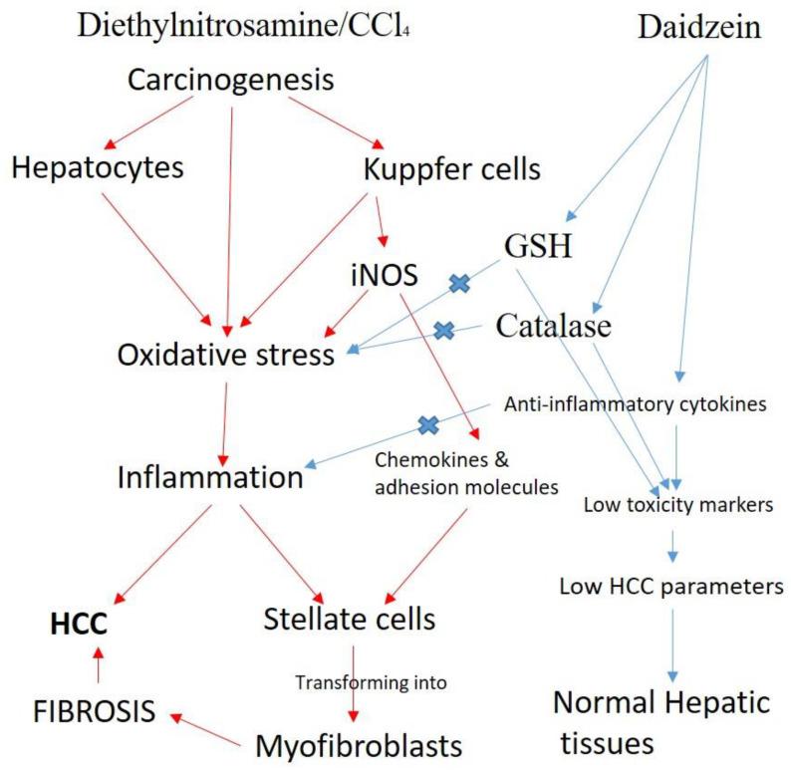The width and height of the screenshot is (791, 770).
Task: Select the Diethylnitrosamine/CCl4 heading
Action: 243,29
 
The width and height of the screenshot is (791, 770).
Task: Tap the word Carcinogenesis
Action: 231,80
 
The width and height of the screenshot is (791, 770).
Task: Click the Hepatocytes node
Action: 98,167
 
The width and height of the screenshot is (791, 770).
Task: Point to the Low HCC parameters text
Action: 670,586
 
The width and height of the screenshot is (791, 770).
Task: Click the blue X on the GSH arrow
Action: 459,284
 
